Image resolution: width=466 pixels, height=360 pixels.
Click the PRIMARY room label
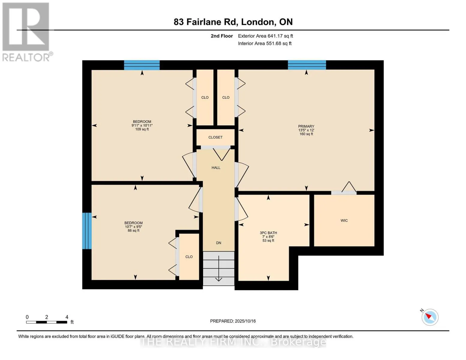306,126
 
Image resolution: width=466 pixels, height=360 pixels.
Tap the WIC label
344,220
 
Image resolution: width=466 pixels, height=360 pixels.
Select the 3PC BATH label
268,232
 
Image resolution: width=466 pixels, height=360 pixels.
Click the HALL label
216,168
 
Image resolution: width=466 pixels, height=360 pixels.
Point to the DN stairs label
218,243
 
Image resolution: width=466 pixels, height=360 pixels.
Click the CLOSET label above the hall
215,137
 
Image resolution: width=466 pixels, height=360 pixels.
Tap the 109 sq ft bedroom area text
142,129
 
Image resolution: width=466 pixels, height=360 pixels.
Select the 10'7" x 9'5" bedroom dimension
134,226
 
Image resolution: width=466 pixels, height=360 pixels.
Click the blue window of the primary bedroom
307,65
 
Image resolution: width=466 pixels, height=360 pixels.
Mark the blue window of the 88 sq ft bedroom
87,231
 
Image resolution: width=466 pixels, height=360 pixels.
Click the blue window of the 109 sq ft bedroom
142,65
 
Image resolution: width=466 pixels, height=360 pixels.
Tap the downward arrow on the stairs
218,268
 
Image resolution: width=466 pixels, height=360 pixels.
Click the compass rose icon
430,317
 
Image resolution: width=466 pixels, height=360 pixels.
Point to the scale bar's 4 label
67,317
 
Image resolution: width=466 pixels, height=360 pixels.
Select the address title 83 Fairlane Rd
206,22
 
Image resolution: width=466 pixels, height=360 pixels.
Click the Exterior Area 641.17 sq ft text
266,36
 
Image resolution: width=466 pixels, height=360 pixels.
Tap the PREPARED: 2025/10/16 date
233,321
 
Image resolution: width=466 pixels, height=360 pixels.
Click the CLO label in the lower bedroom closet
189,257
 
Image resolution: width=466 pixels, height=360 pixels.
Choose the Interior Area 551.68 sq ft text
265,43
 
